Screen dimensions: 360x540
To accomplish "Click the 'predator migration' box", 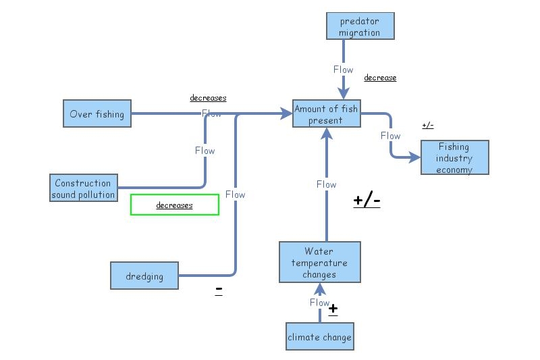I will [359, 26].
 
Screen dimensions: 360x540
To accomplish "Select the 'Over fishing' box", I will [97, 114].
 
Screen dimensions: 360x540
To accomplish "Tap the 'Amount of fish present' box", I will [325, 114].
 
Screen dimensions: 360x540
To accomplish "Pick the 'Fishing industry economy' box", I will [454, 157].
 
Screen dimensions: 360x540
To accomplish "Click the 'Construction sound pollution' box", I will [83, 188].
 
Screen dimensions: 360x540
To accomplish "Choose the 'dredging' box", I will [144, 276].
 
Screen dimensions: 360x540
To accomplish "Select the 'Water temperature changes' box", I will [319, 263].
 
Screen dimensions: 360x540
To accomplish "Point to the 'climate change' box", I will [319, 337].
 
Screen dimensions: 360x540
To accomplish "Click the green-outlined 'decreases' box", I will [175, 205].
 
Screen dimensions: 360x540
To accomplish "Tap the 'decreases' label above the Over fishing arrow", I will [208, 98].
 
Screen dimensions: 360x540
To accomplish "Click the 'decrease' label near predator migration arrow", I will [380, 78].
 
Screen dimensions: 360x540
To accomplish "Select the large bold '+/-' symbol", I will [367, 201].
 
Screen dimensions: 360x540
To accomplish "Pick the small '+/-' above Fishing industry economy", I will [427, 126].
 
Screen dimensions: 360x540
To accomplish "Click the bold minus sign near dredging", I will [219, 290].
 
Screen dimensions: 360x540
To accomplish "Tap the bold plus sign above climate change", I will [333, 309].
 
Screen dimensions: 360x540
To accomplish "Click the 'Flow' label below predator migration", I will [343, 70].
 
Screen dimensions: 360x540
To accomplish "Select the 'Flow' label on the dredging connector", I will [235, 195].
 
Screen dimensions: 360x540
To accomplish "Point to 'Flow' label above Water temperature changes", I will [326, 184].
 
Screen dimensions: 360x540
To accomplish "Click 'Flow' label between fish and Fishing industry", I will [390, 136].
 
